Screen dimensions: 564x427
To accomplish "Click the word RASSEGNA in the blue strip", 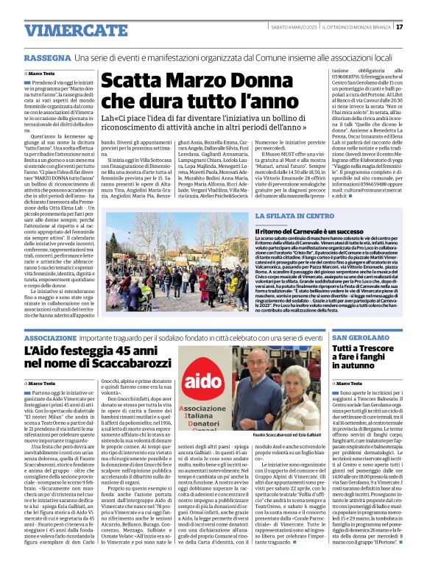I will pyautogui.click(x=48, y=57).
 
